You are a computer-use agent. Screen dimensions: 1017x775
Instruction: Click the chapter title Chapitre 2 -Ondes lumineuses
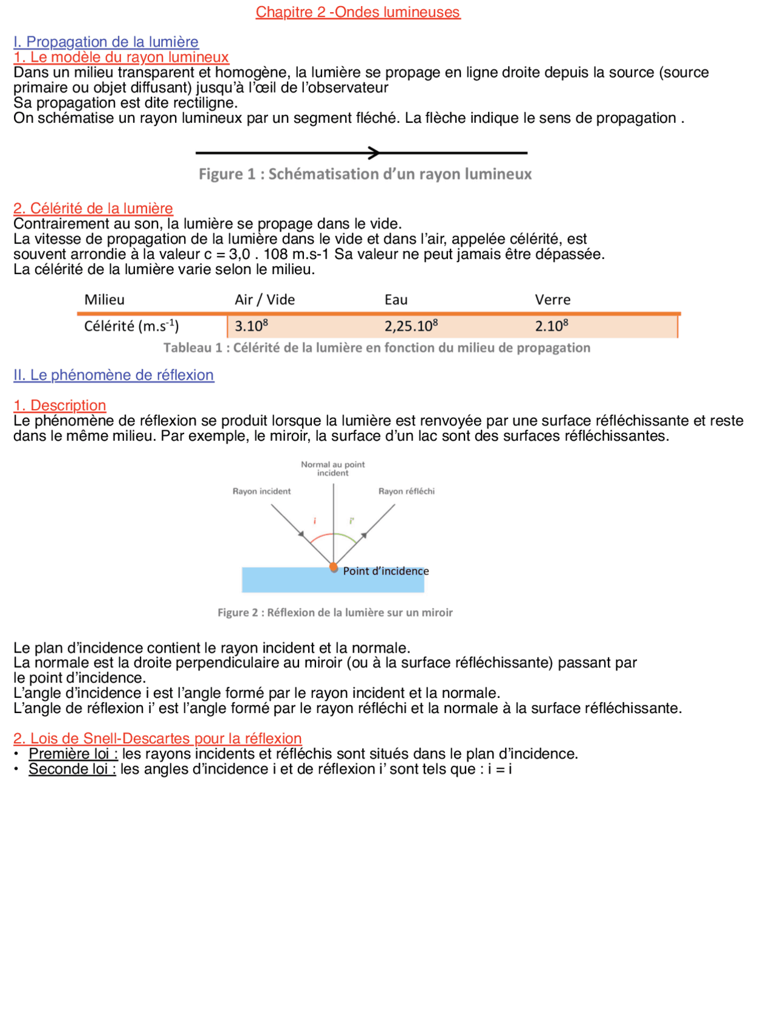tap(358, 12)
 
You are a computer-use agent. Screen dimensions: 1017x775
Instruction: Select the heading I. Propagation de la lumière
tap(106, 42)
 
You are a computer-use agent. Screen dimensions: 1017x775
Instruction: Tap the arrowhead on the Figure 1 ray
tap(375, 153)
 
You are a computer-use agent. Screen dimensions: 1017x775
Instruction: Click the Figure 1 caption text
tap(365, 174)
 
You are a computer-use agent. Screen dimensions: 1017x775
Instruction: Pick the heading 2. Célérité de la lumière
tap(93, 208)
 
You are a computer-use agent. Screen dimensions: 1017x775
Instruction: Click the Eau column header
tap(396, 300)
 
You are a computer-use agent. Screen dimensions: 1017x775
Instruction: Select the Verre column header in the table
tap(552, 300)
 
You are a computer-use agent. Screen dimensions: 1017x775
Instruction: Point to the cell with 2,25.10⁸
tap(411, 326)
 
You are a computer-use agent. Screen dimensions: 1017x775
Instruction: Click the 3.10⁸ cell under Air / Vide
tap(251, 326)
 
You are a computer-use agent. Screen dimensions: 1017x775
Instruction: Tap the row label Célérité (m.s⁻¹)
tap(131, 326)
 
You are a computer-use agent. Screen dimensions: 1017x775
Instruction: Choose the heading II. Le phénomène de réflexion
tap(114, 375)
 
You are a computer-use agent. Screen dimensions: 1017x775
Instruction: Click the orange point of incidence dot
tap(334, 567)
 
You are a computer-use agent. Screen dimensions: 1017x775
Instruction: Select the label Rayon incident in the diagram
tap(262, 492)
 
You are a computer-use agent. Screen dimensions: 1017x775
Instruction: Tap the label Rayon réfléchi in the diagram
tap(406, 492)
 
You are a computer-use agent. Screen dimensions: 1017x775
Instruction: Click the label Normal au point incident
tap(333, 469)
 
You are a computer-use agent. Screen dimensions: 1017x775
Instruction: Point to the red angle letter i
tap(315, 521)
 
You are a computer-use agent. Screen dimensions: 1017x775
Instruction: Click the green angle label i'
tap(352, 521)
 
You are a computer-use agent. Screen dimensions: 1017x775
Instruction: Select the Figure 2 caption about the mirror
tap(335, 613)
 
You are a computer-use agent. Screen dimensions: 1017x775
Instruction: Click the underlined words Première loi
tap(73, 754)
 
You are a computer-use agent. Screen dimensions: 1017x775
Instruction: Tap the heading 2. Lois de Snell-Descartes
tap(157, 739)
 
